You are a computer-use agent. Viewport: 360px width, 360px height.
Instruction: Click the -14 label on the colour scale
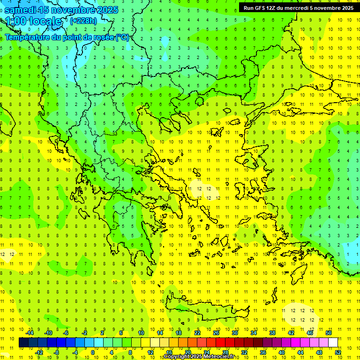point(30,333)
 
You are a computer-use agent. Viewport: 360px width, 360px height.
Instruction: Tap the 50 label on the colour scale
point(328,333)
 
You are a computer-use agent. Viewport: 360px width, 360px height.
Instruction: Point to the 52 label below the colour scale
point(337,352)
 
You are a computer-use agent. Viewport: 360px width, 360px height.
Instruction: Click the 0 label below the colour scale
point(93,352)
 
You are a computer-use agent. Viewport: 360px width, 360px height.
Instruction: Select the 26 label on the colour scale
point(216,333)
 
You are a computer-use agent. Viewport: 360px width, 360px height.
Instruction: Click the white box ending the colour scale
point(333,343)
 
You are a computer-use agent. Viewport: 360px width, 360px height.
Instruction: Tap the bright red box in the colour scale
point(220,343)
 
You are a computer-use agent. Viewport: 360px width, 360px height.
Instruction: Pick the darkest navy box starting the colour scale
point(23,343)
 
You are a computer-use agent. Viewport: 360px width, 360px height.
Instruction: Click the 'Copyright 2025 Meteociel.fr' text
point(198,357)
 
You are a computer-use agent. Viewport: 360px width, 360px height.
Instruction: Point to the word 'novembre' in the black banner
point(325,7)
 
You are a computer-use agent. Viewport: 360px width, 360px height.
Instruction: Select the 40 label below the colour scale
point(281,352)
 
